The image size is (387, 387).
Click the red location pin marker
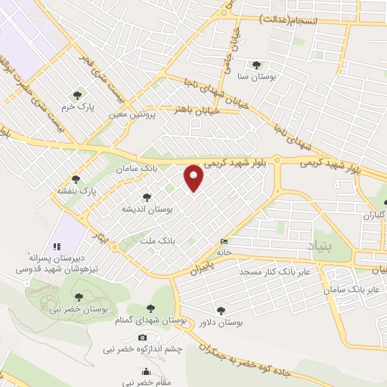pyautogui.click(x=195, y=178)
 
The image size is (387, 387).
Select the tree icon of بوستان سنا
pyautogui.click(x=256, y=65)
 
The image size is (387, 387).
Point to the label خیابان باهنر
pyautogui.click(x=198, y=110)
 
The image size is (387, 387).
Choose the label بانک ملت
pyautogui.click(x=158, y=240)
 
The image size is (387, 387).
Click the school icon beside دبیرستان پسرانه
pyautogui.click(x=56, y=246)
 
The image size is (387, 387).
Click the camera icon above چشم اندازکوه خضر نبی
pyautogui.click(x=142, y=337)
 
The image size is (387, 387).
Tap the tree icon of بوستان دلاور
pyautogui.click(x=220, y=310)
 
